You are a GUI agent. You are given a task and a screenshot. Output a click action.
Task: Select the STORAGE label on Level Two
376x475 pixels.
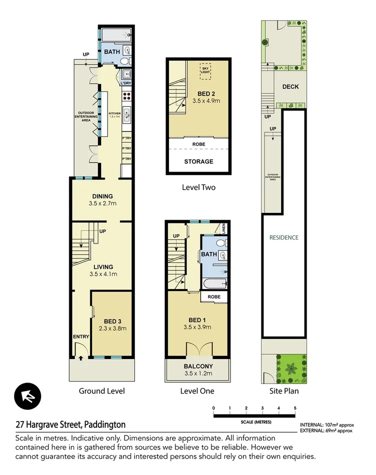pos(198,161)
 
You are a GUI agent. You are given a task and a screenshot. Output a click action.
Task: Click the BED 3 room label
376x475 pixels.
pos(112,321)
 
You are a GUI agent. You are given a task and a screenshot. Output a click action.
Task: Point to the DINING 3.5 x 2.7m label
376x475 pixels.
pos(102,199)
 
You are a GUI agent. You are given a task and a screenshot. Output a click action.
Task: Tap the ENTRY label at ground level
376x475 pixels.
pos(80,336)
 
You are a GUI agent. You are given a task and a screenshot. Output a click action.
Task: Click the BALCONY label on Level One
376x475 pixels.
pos(197,366)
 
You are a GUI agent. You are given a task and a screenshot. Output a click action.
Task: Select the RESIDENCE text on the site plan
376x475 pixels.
pos(283,237)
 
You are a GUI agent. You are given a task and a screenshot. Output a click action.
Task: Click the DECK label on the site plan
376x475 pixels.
pos(290,86)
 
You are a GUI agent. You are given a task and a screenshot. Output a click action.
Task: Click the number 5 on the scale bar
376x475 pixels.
pos(295,408)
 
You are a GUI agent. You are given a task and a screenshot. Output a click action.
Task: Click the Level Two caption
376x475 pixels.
pos(198,187)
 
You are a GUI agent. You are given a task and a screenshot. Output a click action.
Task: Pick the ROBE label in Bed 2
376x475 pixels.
pos(198,144)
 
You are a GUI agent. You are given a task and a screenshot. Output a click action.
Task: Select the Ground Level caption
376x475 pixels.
pos(101,391)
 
